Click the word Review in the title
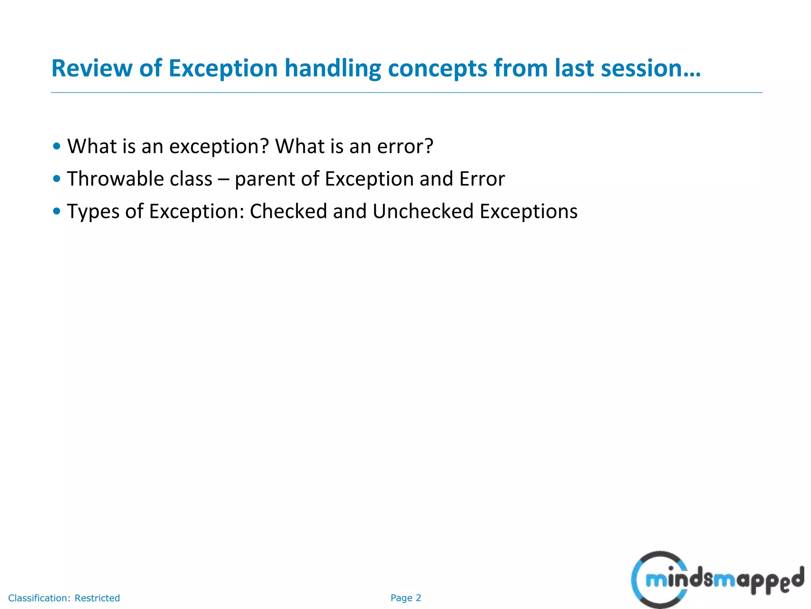click(x=91, y=68)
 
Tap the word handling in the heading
click(x=333, y=68)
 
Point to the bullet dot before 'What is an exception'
click(x=57, y=146)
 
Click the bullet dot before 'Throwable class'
click(x=57, y=179)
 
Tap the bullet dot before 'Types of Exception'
click(x=57, y=211)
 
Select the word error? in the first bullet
click(x=405, y=147)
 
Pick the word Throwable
click(x=115, y=179)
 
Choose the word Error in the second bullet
click(x=482, y=179)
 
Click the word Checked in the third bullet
click(x=288, y=211)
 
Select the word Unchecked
click(x=423, y=211)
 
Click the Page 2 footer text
click(x=405, y=598)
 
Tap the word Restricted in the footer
click(x=97, y=598)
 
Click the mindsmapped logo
click(x=717, y=580)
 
